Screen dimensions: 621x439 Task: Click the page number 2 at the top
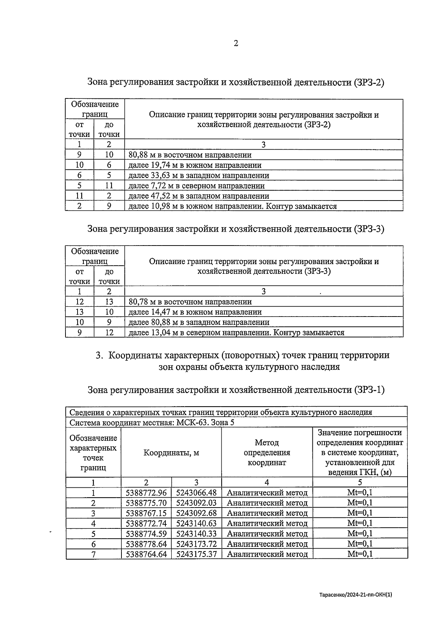click(236, 44)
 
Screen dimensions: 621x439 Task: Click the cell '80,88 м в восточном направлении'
click(190, 155)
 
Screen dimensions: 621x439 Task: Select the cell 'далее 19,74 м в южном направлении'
click(195, 165)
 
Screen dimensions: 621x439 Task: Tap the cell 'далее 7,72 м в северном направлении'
click(196, 186)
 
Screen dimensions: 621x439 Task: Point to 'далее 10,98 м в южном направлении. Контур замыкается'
click(232, 206)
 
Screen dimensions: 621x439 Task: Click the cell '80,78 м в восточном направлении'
click(190, 302)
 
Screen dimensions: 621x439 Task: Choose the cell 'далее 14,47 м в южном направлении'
click(195, 312)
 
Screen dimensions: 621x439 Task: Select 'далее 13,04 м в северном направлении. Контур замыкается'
click(236, 333)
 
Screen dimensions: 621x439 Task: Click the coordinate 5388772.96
click(146, 493)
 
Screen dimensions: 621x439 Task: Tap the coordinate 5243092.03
click(196, 503)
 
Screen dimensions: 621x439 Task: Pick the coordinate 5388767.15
click(146, 513)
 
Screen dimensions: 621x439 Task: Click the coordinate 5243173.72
click(196, 544)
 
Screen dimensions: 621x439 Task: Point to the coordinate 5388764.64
click(146, 554)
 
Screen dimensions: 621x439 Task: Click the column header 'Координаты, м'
click(171, 453)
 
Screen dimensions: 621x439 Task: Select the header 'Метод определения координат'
click(267, 453)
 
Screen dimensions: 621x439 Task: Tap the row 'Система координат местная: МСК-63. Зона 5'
click(152, 423)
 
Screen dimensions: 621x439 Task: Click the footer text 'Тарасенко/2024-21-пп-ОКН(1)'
click(355, 595)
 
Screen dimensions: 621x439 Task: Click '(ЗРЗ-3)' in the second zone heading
click(369, 229)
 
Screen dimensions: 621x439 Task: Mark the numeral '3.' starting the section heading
click(99, 355)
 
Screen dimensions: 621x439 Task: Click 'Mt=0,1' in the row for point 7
click(360, 554)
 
